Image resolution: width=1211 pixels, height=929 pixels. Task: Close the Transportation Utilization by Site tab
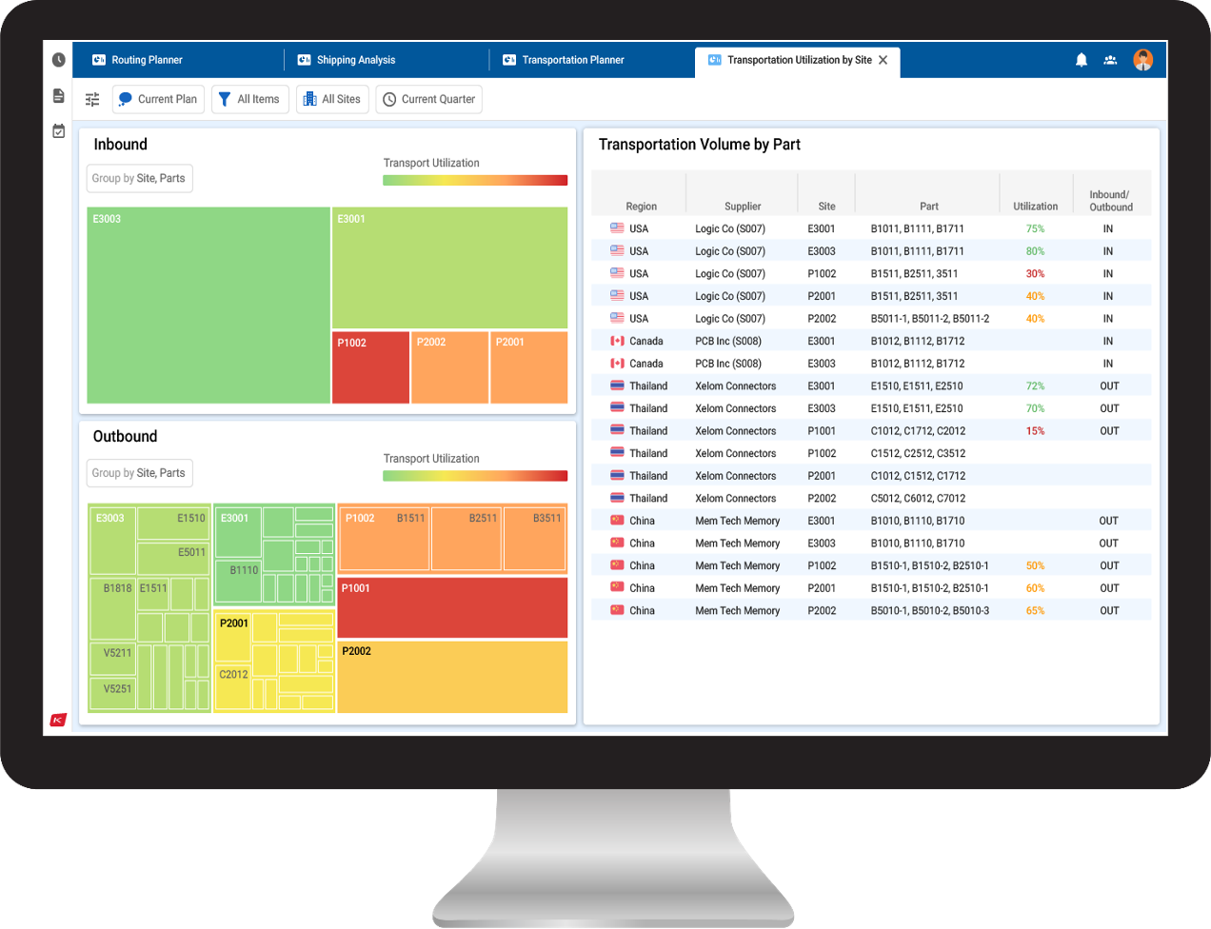[x=883, y=60]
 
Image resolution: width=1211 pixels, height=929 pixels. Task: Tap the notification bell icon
[x=1082, y=60]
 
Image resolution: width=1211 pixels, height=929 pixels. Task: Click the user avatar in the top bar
[x=1142, y=60]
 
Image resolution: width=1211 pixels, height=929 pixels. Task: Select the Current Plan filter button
[x=158, y=99]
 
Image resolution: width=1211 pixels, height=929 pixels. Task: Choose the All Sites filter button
[x=332, y=99]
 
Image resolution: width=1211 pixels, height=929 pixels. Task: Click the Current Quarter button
[x=428, y=99]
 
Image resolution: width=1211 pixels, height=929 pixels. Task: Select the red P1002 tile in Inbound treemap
[x=370, y=367]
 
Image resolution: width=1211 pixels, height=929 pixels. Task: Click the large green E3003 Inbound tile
[x=208, y=305]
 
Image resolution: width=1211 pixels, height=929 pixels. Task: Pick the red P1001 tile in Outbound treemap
[x=452, y=607]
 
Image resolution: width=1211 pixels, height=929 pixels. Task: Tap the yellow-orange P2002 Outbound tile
[x=452, y=677]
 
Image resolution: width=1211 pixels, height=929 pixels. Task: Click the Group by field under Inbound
[x=139, y=178]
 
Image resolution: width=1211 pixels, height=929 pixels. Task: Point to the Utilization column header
[x=1035, y=207]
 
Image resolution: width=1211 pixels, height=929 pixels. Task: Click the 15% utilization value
[x=1035, y=431]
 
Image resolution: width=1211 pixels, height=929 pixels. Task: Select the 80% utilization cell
[x=1035, y=251]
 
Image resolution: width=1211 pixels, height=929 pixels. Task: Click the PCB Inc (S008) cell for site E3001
[x=728, y=341]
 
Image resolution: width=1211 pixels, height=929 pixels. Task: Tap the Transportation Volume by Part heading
[x=699, y=145]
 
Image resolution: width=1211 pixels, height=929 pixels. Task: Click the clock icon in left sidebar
[x=59, y=60]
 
